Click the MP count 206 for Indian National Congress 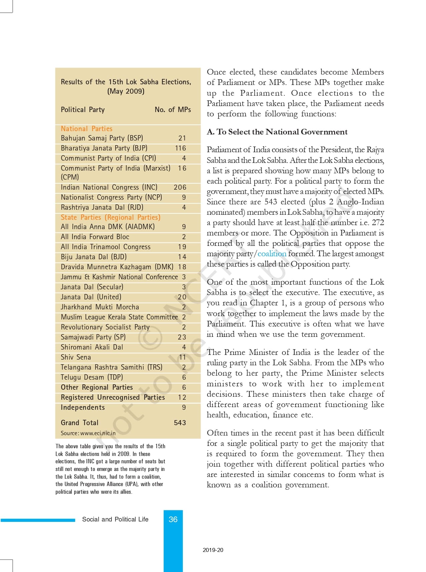(x=180, y=187)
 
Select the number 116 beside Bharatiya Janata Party (x=180, y=148)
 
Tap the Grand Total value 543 (x=180, y=423)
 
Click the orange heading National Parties (x=87, y=129)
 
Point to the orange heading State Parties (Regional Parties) (x=111, y=217)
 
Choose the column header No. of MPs (x=173, y=110)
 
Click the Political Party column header (x=83, y=110)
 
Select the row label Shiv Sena (x=76, y=357)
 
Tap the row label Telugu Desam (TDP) (x=92, y=377)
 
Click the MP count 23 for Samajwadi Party (x=182, y=337)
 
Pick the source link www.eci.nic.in (x=98, y=433)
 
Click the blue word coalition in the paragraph (x=272, y=254)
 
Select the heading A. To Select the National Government (x=277, y=132)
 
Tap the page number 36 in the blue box (x=173, y=519)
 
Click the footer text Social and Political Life (x=115, y=519)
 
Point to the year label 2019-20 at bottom (x=213, y=550)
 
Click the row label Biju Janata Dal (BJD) (x=94, y=257)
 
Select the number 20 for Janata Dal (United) (x=182, y=297)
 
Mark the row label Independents (x=83, y=407)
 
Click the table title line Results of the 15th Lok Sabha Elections (x=126, y=82)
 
